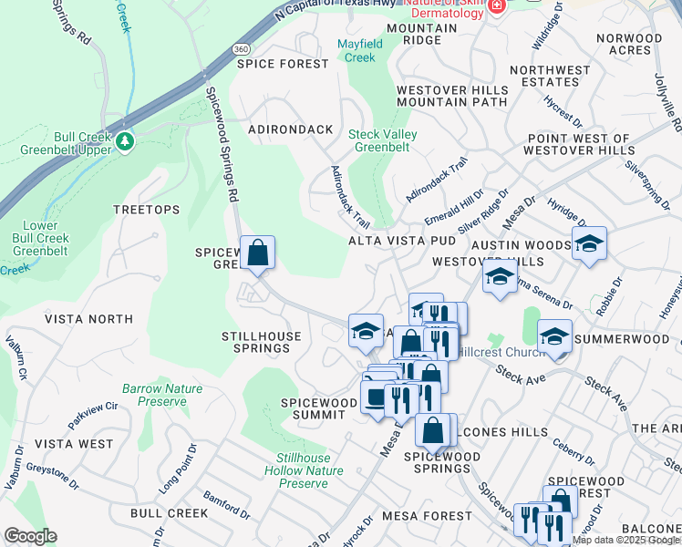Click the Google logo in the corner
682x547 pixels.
tap(30, 536)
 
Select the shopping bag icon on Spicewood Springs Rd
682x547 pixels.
tap(258, 252)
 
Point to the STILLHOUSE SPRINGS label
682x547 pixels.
tap(255, 342)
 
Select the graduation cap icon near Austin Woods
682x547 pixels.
tap(590, 243)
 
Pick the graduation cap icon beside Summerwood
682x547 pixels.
tap(554, 335)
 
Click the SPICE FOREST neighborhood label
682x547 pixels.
tap(282, 64)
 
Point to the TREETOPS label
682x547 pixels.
tap(146, 210)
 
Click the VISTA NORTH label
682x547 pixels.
tap(88, 319)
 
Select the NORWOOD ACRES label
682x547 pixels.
tap(629, 45)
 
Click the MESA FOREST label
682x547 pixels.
tap(427, 516)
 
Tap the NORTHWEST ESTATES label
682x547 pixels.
tap(551, 77)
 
